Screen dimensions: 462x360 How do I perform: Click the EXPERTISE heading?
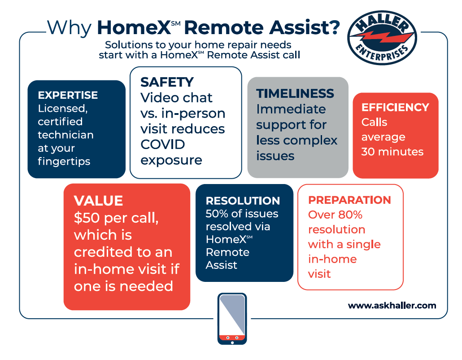[x=68, y=95]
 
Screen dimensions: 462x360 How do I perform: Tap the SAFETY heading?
[x=167, y=82]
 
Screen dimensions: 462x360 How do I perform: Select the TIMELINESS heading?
[x=295, y=93]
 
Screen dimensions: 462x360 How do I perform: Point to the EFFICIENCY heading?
[x=395, y=107]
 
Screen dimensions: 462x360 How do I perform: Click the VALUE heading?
[x=98, y=201]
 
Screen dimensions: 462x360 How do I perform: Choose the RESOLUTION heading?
[x=243, y=201]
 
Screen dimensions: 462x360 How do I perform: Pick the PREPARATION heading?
[x=349, y=200]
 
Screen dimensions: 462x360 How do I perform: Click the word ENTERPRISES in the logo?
[x=382, y=52]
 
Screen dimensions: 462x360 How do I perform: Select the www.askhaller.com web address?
[x=392, y=305]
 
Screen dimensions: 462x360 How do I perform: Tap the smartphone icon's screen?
[x=232, y=315]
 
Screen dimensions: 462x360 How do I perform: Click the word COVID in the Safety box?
[x=163, y=145]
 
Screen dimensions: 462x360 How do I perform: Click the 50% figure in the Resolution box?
[x=217, y=214]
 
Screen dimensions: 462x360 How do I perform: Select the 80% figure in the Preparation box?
[x=350, y=215]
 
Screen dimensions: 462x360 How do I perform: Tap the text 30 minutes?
[x=392, y=152]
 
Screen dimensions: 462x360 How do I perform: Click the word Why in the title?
[x=69, y=28]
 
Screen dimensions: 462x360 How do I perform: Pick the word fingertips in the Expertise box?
[x=64, y=162]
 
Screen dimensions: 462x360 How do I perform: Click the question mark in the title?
[x=334, y=27]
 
